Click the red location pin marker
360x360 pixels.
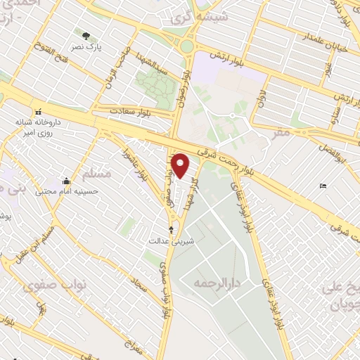coord(181,165)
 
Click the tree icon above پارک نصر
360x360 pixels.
coord(86,36)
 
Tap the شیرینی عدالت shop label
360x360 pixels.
coord(172,240)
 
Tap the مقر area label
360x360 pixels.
coord(283,131)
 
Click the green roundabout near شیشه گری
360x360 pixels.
coord(187,47)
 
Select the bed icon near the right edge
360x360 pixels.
coord(323,186)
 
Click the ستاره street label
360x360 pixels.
coord(339,112)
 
